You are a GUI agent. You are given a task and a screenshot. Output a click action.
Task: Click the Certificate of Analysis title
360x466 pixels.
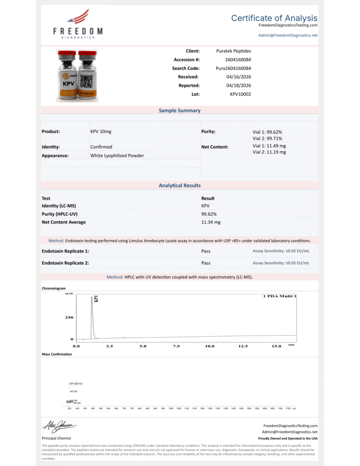274,18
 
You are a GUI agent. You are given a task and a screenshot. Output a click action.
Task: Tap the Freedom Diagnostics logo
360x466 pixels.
78,26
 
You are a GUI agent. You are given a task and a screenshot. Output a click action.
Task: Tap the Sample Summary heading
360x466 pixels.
180,111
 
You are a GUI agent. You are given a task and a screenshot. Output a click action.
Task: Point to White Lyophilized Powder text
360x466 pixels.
117,155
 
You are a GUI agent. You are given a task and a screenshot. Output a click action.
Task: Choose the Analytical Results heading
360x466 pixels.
180,186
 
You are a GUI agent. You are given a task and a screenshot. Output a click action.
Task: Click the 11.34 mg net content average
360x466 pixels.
210,222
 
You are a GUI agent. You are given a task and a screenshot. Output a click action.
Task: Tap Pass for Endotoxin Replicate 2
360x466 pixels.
205,263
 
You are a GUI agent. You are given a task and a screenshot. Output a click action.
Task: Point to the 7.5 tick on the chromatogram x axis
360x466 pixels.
176,346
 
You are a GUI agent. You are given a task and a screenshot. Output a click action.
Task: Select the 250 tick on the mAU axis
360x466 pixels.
68,317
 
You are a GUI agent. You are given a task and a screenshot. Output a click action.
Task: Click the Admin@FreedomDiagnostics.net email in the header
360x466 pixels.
288,35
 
